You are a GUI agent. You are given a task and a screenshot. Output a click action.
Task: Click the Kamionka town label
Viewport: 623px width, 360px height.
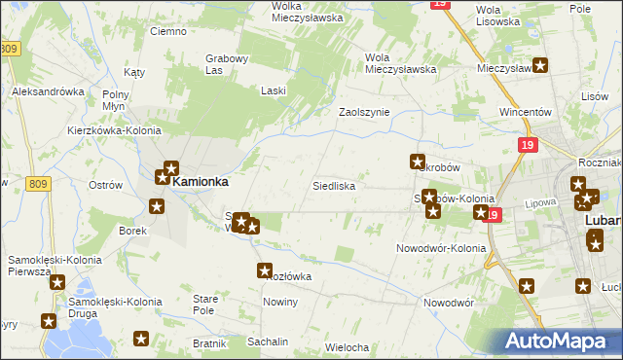coord(201,181)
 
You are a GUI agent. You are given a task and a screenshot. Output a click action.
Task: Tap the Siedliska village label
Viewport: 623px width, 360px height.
coord(333,185)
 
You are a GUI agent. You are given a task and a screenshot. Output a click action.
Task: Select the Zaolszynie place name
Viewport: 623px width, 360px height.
coord(363,112)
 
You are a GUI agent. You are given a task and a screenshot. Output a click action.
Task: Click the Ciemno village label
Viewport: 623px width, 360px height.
coord(167,31)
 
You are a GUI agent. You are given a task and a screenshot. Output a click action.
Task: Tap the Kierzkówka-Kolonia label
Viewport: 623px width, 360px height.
coord(107,129)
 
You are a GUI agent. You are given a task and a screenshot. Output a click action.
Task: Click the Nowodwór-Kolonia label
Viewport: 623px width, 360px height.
coord(440,248)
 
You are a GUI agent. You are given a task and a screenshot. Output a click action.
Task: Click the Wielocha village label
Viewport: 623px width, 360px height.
coord(347,347)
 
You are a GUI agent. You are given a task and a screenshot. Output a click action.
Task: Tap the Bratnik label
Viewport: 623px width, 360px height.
coord(209,343)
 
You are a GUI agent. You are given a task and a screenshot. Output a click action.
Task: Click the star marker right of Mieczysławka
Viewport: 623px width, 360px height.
coord(541,66)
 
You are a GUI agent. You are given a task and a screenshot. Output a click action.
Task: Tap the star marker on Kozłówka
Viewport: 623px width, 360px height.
coord(264,270)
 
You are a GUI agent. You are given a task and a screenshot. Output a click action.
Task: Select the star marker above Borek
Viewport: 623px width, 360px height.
coord(157,205)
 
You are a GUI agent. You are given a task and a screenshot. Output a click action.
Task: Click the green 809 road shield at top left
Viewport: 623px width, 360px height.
coord(11,49)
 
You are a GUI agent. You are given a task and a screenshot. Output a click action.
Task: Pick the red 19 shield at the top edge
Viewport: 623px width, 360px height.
coord(441,4)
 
